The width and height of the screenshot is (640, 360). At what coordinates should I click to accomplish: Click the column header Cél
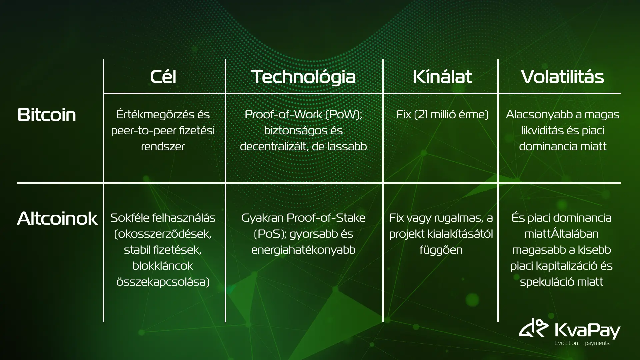pos(163,76)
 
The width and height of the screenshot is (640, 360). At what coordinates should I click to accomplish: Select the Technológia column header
pos(303,77)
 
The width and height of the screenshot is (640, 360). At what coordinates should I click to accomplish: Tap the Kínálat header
pos(442,76)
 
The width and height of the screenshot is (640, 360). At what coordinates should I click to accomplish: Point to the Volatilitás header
pos(562,77)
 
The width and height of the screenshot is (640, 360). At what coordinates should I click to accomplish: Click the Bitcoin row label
pos(47,115)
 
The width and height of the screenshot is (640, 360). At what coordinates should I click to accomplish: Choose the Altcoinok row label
pos(57,218)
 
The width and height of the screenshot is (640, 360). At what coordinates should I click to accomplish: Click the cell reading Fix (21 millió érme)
pos(442,115)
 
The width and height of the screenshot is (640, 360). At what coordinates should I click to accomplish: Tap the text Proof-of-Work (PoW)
pos(303,115)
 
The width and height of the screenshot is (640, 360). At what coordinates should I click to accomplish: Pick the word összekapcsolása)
pos(163,282)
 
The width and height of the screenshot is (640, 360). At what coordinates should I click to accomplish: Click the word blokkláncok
pos(163,266)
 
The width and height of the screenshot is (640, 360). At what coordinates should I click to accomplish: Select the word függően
pos(441,250)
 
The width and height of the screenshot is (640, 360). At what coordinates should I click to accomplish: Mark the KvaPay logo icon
pos(533,327)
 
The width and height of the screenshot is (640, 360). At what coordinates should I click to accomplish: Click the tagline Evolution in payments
pos(582,343)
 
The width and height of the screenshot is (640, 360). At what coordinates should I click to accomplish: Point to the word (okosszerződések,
pos(163,234)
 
